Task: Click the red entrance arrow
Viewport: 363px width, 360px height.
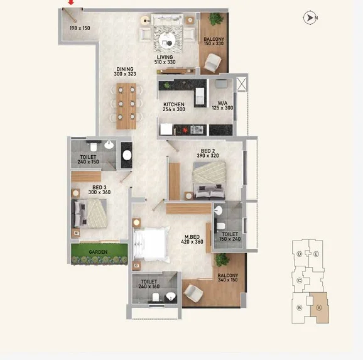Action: coord(72,3)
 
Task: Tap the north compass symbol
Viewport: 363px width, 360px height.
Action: coord(310,18)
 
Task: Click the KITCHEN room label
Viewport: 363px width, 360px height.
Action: coord(174,104)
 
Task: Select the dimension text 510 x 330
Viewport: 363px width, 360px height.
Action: coord(165,62)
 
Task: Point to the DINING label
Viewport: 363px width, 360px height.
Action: coord(125,69)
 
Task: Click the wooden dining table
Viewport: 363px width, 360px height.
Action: coord(126,106)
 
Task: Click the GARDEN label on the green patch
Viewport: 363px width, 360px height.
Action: coord(98,252)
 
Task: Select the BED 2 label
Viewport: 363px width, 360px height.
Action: coord(208,151)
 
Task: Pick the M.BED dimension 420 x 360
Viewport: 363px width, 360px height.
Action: coord(192,242)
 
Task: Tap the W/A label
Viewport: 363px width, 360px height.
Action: coord(222,103)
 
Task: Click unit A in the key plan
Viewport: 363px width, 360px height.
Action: coord(319,308)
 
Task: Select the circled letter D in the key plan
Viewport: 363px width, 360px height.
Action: coord(300,254)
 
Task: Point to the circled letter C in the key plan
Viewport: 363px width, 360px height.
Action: coord(300,281)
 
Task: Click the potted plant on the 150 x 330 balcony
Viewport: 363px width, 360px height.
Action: coord(216,19)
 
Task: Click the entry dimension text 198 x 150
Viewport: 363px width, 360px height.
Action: coord(80,28)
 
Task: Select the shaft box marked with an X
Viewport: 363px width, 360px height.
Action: coord(241,84)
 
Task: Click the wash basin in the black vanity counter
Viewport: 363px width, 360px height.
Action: coord(127,155)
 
